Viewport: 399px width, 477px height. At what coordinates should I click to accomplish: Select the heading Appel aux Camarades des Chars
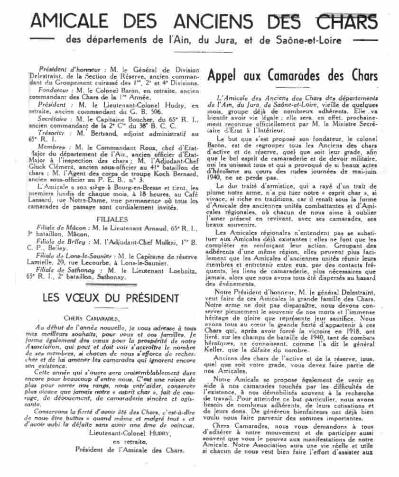tap(292, 76)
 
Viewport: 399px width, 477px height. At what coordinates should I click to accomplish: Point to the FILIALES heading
tap(111, 220)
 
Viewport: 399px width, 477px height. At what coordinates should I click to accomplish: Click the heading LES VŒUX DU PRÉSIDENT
tap(111, 298)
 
